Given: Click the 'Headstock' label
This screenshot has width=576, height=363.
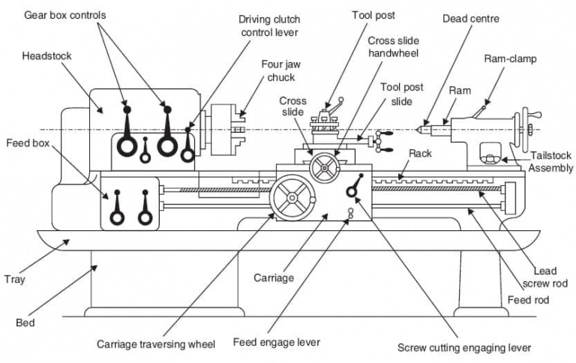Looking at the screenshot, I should click(x=47, y=56).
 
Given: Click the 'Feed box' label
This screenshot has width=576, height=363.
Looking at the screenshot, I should click(x=28, y=142).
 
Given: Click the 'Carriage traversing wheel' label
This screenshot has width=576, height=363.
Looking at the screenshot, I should click(x=156, y=344).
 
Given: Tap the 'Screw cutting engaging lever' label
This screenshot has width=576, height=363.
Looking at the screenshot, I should click(x=464, y=348).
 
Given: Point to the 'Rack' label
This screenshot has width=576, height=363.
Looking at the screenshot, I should click(x=420, y=153).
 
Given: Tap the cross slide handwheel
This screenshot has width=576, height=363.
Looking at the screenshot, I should click(x=325, y=168).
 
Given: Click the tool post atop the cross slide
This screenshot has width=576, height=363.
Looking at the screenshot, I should click(x=328, y=119).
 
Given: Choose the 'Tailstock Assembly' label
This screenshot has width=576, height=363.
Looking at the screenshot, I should click(x=551, y=162).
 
